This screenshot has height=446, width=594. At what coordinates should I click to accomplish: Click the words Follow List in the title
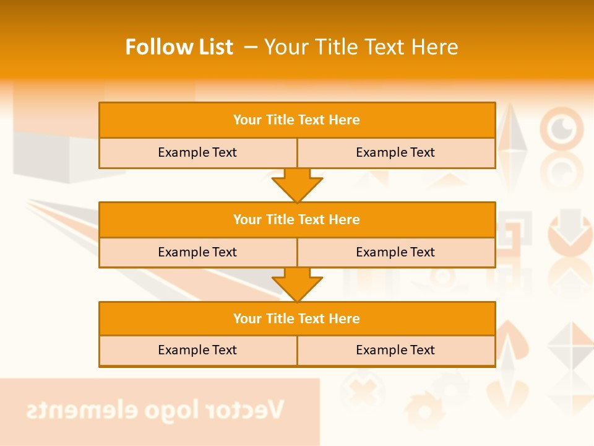coord(179,47)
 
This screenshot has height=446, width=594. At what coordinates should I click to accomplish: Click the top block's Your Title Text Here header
coord(296,120)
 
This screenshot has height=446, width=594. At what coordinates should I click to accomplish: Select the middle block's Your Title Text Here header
coord(296,219)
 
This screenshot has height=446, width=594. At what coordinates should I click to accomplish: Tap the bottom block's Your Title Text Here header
coord(296,318)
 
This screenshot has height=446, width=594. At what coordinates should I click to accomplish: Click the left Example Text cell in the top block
coord(197,152)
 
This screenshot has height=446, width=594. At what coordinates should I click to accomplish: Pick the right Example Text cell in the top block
coord(395,152)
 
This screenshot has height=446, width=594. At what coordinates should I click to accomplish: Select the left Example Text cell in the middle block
coord(197,252)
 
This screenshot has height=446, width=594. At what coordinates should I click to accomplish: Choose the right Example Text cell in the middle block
coord(395,252)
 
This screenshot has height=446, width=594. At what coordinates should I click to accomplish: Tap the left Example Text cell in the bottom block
coord(197,350)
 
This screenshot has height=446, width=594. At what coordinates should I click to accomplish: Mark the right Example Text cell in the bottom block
coord(395,350)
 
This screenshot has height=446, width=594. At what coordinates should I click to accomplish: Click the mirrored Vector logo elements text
coord(155,409)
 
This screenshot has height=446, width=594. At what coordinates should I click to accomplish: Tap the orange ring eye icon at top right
coord(562,129)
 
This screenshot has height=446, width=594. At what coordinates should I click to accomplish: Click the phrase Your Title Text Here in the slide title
coord(361,47)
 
